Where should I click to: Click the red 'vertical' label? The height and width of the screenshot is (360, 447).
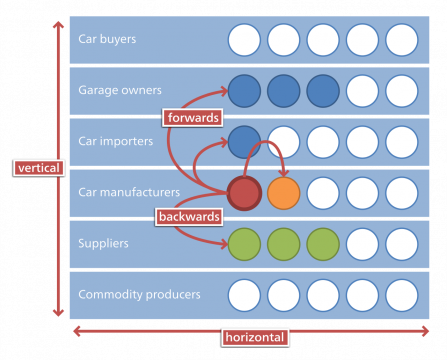point(37,168)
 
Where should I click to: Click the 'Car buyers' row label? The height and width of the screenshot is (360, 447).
point(107,40)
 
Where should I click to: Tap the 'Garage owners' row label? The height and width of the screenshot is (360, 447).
point(119,90)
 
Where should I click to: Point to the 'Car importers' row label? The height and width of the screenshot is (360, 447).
point(116,141)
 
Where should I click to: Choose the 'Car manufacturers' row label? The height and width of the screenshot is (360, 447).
point(129,192)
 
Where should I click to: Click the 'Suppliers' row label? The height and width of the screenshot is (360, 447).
point(104,243)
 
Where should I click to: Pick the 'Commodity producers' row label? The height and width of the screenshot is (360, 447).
point(139,294)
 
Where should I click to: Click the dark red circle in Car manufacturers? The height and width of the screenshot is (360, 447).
point(244,193)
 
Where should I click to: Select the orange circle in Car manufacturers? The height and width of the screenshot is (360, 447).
point(283,193)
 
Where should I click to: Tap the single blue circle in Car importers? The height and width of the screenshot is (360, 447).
point(244,142)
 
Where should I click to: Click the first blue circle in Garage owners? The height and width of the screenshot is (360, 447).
point(244,91)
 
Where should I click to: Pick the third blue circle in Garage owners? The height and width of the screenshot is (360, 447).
point(323,91)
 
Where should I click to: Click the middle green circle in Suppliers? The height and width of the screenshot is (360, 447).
point(283,244)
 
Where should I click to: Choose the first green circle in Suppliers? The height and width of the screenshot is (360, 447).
point(244,244)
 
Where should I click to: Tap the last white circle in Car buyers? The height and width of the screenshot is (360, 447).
point(402,40)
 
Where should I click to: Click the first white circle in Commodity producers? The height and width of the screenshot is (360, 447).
point(244,295)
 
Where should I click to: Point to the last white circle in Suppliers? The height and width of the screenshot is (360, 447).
point(402,244)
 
